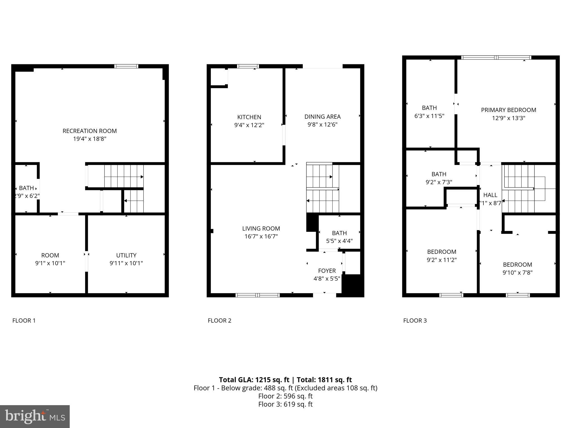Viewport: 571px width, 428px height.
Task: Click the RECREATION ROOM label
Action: point(89,131)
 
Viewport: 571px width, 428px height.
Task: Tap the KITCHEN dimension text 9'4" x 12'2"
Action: point(249,125)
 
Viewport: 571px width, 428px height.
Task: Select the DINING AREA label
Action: point(322,116)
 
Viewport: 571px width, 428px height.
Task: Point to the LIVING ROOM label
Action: point(261,228)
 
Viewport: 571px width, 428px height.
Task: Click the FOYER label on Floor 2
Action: point(327,271)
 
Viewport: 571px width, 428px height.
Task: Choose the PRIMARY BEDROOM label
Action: point(508,110)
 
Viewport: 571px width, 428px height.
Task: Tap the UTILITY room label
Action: point(126,255)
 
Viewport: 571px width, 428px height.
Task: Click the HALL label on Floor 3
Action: point(490,195)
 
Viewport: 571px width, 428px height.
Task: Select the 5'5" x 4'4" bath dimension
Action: point(339,241)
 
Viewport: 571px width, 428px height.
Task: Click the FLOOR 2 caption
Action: point(219,320)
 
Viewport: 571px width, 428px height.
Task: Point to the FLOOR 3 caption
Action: point(415,320)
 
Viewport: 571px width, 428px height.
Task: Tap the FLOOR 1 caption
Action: point(24,320)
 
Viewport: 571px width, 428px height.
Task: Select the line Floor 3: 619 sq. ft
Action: point(285,404)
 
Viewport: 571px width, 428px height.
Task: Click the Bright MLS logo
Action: point(35,416)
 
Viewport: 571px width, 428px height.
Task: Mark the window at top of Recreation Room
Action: point(126,66)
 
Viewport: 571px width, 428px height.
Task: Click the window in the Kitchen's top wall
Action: point(248,66)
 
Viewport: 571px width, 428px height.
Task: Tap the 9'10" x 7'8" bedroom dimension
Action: point(517,273)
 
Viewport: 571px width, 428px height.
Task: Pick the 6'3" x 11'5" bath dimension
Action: point(429,116)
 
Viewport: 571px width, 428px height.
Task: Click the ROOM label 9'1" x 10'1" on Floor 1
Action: point(50,255)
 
